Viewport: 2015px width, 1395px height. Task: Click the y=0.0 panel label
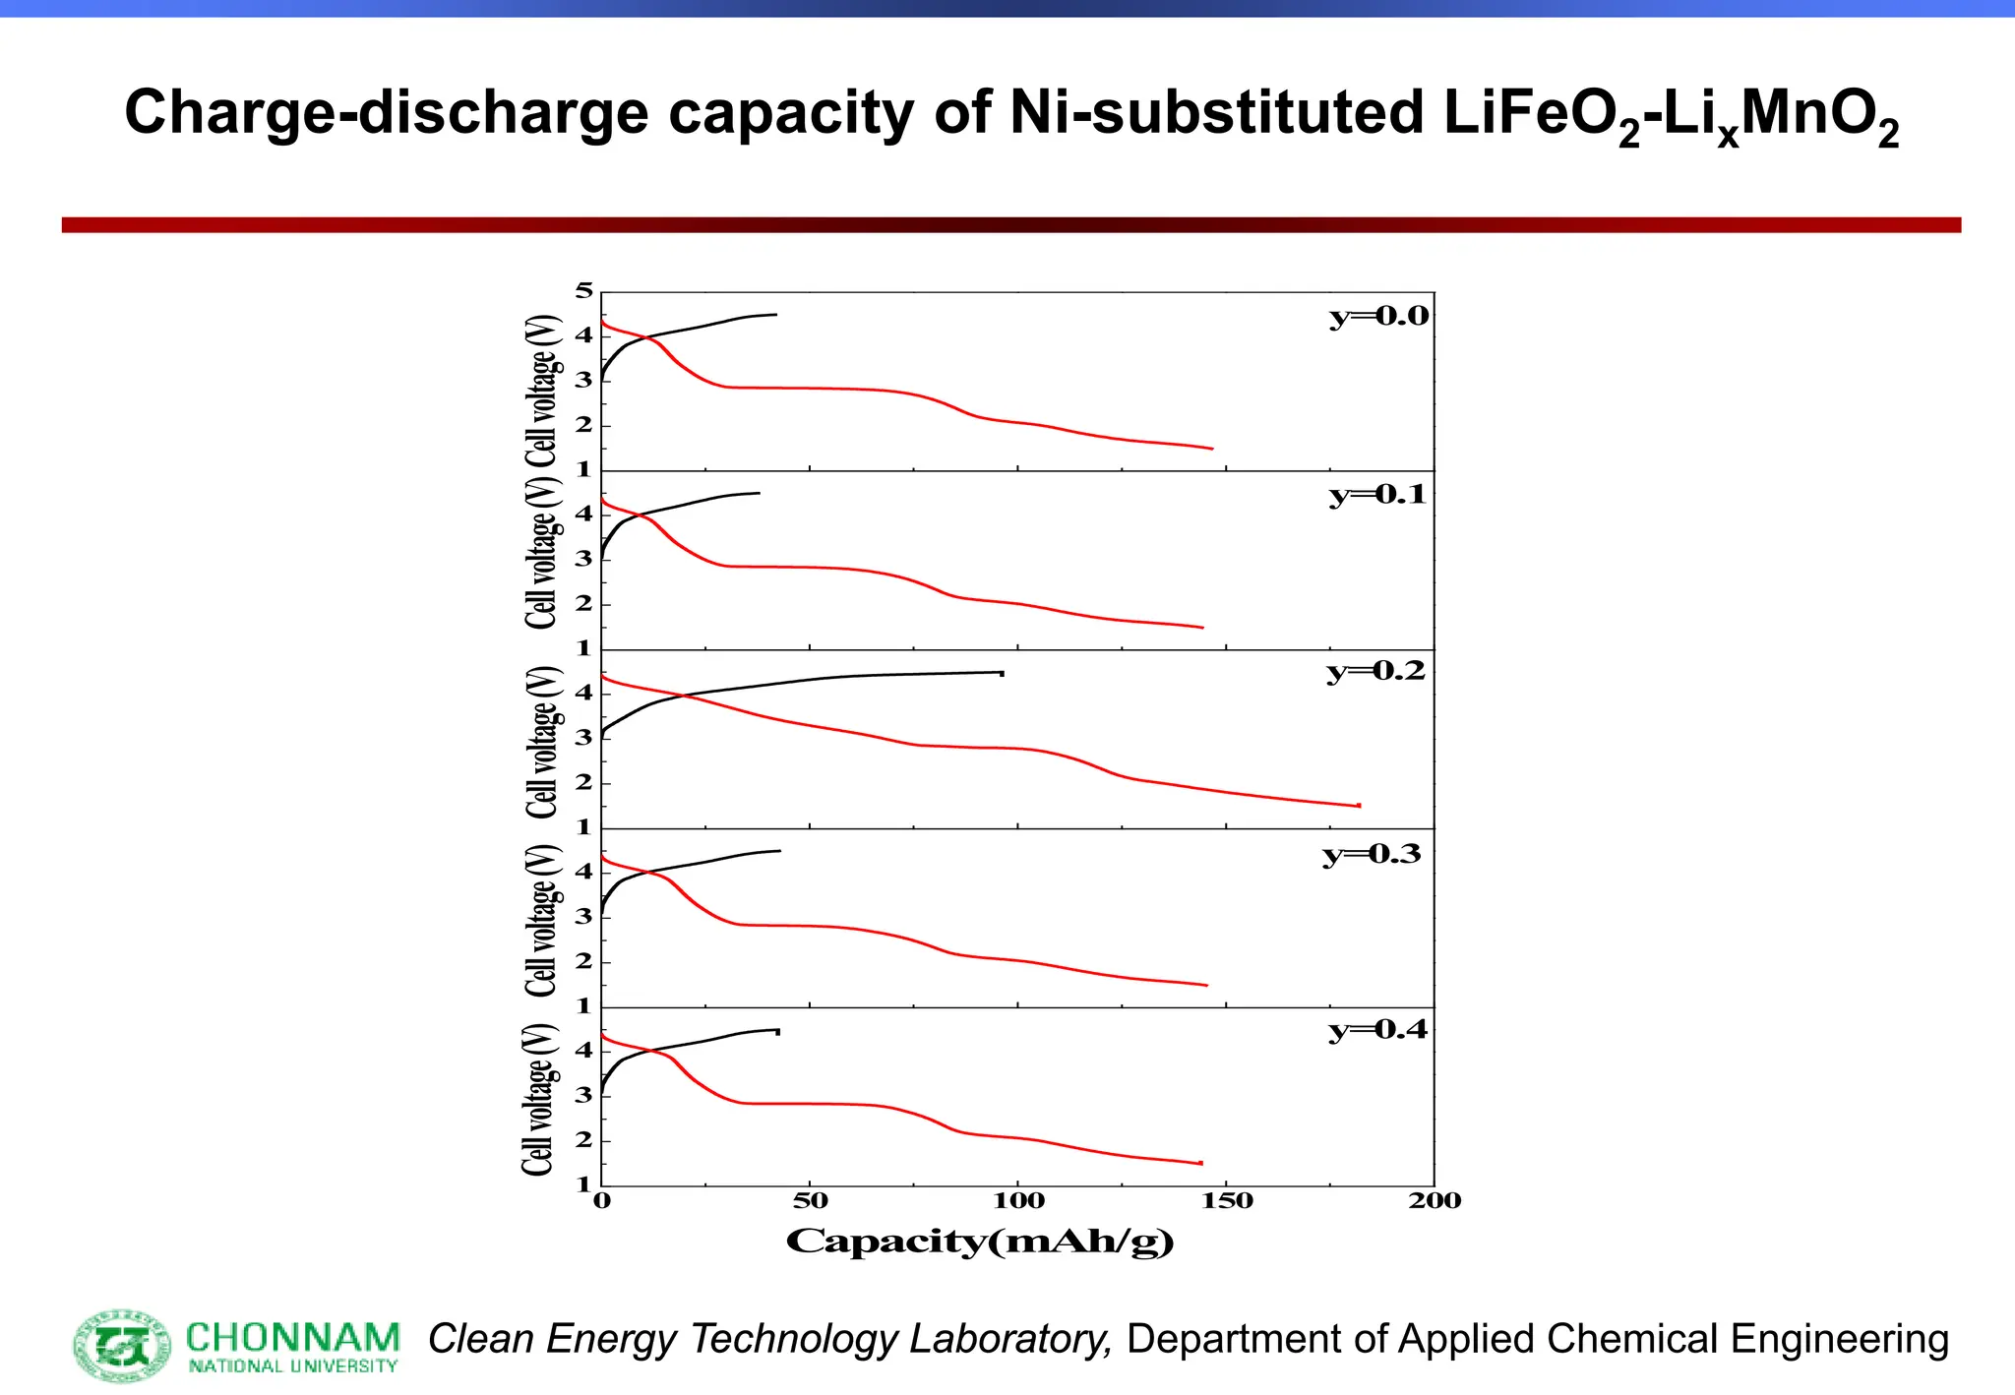(x=1378, y=317)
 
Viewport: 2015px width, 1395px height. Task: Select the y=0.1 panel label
(x=1377, y=495)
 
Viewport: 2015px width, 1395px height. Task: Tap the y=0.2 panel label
(x=1375, y=672)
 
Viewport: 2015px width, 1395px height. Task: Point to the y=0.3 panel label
(x=1372, y=854)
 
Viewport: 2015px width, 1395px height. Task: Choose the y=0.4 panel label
(x=1377, y=1031)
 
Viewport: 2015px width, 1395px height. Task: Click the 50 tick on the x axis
(x=810, y=1201)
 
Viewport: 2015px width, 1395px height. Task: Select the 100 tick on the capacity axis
(x=1018, y=1201)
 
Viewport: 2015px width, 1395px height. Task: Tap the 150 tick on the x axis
(x=1227, y=1201)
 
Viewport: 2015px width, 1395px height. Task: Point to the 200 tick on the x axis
(x=1435, y=1201)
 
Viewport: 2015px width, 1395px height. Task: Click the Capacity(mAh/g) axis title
(x=980, y=1242)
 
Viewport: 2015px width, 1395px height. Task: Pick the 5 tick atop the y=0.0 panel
(x=585, y=291)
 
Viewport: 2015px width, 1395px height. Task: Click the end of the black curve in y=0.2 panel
(x=1002, y=673)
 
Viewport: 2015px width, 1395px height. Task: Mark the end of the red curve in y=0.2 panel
(x=1359, y=806)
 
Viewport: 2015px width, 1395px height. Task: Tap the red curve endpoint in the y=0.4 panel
(x=1200, y=1163)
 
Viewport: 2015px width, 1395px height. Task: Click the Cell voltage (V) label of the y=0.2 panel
(x=542, y=743)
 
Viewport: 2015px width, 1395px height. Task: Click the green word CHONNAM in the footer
(x=292, y=1338)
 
